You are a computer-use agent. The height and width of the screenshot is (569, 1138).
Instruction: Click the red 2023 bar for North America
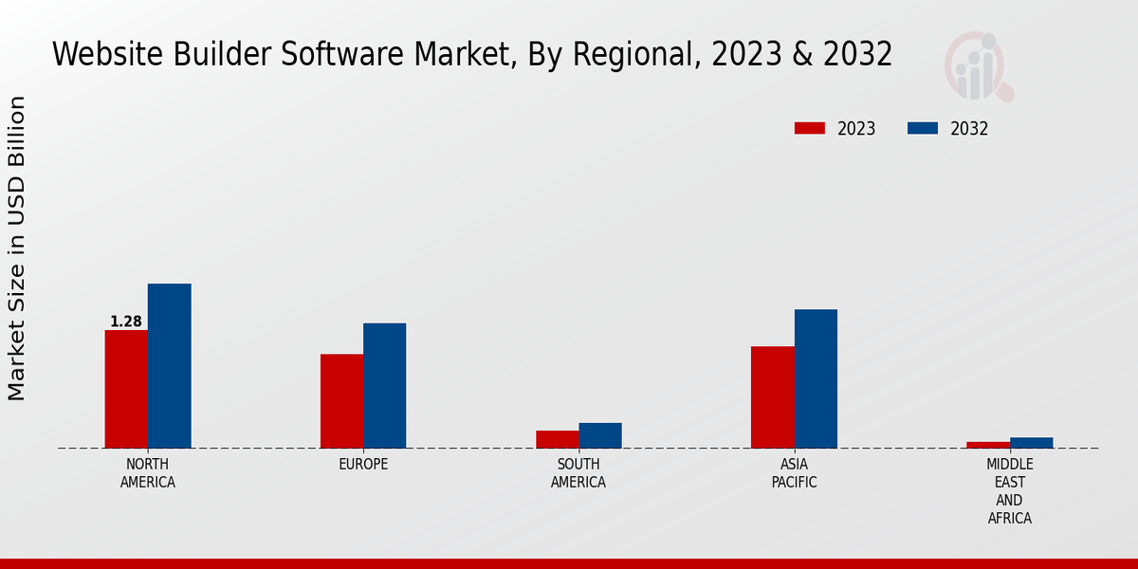tap(126, 389)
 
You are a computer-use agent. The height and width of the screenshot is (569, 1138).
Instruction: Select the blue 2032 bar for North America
tap(169, 366)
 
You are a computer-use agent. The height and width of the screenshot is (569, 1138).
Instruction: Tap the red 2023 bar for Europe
tap(341, 401)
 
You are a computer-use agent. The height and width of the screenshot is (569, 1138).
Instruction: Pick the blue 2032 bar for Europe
tap(384, 386)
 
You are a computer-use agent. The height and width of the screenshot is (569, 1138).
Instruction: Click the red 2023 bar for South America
tap(557, 439)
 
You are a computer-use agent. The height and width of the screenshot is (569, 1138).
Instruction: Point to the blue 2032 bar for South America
tap(600, 435)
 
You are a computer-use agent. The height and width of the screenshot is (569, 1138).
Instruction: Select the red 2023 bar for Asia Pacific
tap(772, 397)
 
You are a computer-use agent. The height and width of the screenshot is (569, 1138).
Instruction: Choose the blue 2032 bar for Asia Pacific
tap(816, 378)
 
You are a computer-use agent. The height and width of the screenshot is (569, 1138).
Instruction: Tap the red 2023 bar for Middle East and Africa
tap(988, 445)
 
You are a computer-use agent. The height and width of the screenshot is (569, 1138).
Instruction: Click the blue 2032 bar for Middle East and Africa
tap(1031, 443)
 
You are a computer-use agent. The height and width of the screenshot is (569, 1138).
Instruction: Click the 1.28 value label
tap(126, 321)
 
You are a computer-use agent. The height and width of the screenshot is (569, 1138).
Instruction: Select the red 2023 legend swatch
tap(810, 128)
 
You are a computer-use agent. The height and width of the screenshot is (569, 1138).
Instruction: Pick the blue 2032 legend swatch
tap(922, 128)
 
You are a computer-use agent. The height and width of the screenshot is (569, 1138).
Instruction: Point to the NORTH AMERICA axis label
tap(148, 473)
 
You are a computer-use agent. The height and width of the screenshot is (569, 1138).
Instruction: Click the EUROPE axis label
tap(363, 465)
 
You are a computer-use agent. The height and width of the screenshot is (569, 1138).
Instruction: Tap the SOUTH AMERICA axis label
tap(578, 473)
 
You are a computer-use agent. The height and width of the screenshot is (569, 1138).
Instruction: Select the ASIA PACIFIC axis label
tap(794, 473)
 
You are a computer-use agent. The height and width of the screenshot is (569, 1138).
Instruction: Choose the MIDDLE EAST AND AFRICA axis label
tap(1009, 491)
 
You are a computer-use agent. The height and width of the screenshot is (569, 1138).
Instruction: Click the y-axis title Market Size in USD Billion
tap(17, 248)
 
